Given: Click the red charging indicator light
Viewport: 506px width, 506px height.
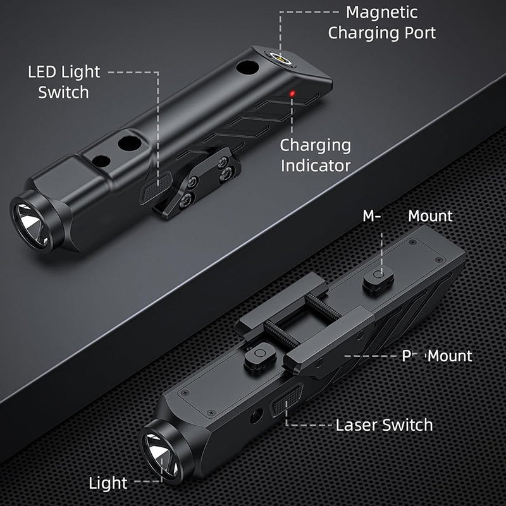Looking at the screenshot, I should pos(293,95).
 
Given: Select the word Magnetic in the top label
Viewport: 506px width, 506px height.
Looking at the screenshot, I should pos(381,12).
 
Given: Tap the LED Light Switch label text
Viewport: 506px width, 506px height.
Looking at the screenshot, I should pos(64,81).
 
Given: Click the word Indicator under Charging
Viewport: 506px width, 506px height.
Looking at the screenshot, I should pos(315,166).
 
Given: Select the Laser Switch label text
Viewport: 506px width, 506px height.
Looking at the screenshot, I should pos(384,425).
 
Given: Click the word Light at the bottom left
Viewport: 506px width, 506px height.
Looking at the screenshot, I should pos(108,484).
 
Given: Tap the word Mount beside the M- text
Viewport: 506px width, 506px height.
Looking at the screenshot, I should pos(430,216).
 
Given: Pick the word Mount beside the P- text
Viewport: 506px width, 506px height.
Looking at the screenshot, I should pos(450,356).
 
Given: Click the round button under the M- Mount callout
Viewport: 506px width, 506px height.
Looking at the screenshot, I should pos(378,275).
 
